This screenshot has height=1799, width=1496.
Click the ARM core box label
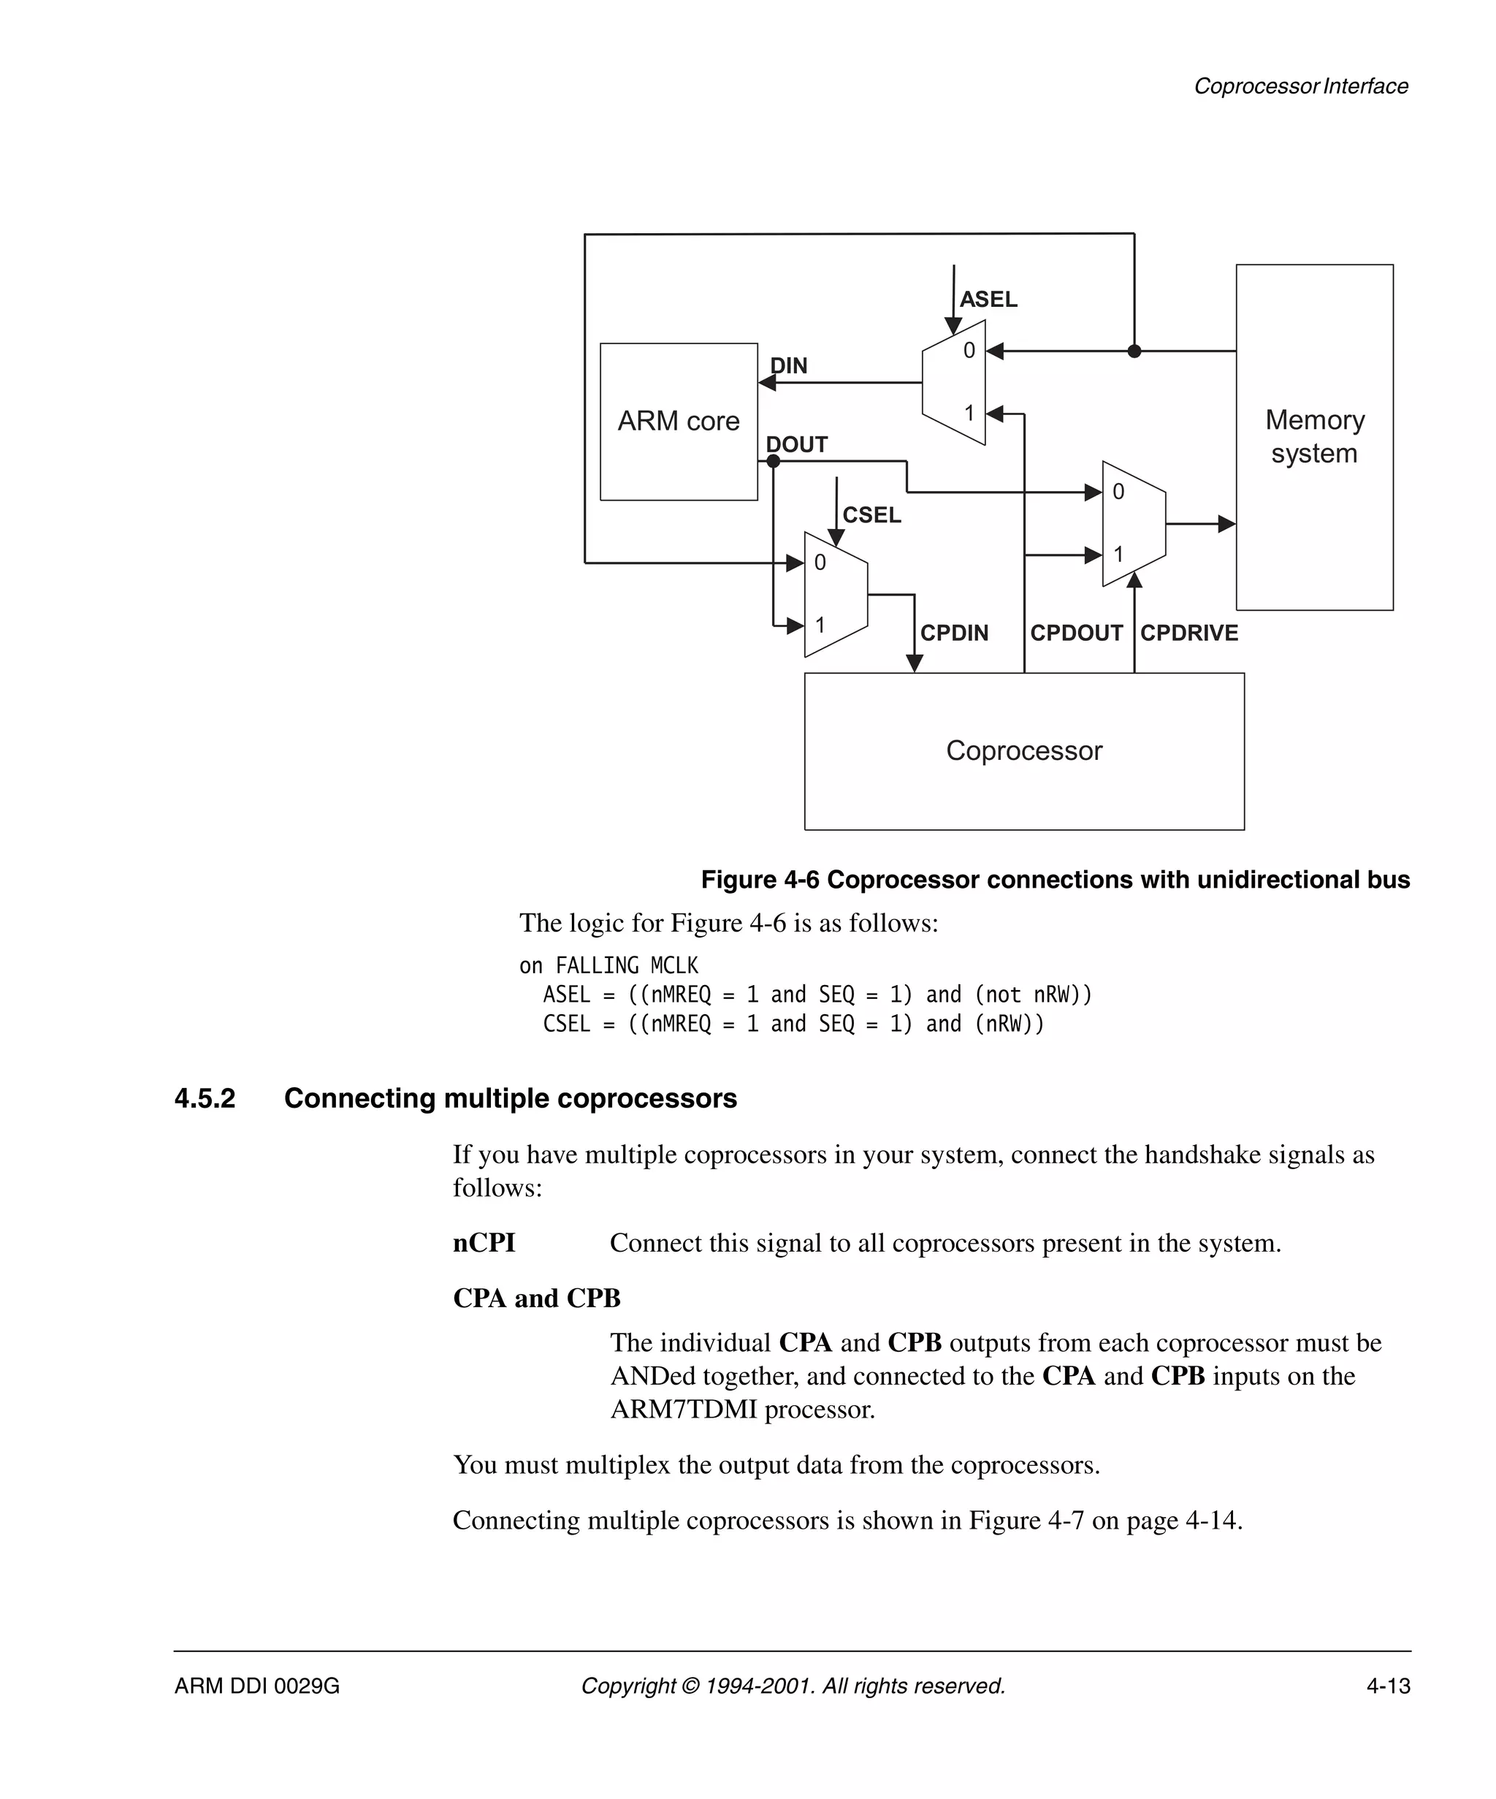coord(678,421)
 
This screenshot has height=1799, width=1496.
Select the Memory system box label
coord(1313,436)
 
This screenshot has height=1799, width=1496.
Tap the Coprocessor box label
coord(1023,750)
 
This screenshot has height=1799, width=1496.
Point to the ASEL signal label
coord(988,299)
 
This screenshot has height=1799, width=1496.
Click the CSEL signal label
coord(871,515)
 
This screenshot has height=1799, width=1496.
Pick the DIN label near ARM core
coord(788,366)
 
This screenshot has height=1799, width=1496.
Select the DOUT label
coord(795,444)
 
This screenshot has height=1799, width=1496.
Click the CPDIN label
coord(953,633)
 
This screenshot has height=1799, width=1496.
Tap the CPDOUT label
coord(1075,633)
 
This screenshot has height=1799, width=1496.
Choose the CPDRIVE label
coord(1188,633)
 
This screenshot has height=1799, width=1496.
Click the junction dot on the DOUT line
coord(774,462)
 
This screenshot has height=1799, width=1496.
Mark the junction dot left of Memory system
coord(1134,351)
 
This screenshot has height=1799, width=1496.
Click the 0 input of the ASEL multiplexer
coord(969,351)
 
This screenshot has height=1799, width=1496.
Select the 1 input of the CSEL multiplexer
coord(820,625)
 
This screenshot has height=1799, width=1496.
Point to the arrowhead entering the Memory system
coord(1227,523)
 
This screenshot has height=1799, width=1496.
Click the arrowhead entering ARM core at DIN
coord(767,383)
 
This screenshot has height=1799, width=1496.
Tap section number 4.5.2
coord(205,1098)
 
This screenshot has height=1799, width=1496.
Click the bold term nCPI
coord(484,1243)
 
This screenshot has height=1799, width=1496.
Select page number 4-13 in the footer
coord(1387,1686)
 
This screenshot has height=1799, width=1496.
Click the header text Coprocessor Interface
coord(1300,86)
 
